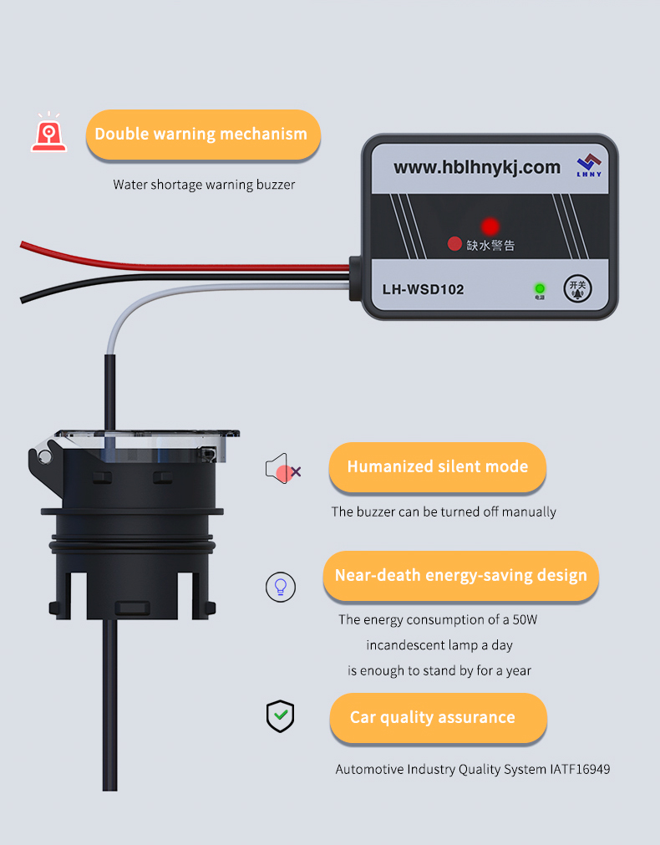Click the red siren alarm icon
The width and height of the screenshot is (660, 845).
pyautogui.click(x=49, y=134)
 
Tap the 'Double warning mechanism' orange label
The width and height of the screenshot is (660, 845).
pyautogui.click(x=202, y=135)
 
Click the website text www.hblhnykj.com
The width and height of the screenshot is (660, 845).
pyautogui.click(x=477, y=167)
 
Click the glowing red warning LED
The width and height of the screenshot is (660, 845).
pyautogui.click(x=490, y=227)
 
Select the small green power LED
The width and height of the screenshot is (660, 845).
pyautogui.click(x=540, y=288)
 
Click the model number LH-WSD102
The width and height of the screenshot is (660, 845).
pyautogui.click(x=423, y=290)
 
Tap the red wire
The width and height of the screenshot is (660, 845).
pyautogui.click(x=167, y=260)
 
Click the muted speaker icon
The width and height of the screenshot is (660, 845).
pyautogui.click(x=282, y=471)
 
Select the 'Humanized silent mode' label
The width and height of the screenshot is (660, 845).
pyautogui.click(x=437, y=467)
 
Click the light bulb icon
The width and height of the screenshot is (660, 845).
pyautogui.click(x=281, y=586)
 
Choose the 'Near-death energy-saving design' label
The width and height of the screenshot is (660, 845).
pyautogui.click(x=460, y=576)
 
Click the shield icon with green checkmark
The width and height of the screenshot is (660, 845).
pyautogui.click(x=280, y=716)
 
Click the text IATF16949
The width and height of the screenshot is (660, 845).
pyautogui.click(x=580, y=769)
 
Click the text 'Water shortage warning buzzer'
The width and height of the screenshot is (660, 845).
pyautogui.click(x=204, y=185)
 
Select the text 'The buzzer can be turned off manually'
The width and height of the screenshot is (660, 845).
pyautogui.click(x=444, y=512)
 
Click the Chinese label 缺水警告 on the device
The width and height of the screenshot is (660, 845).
pyautogui.click(x=490, y=246)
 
